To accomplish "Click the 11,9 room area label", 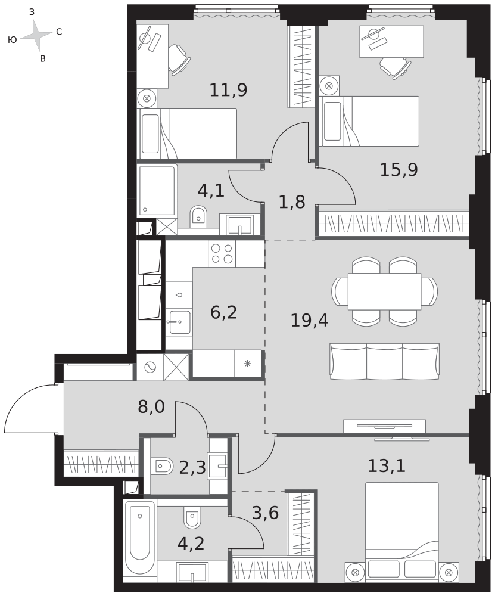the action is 228,90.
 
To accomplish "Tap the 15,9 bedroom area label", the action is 399,169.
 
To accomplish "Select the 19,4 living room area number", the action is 309,321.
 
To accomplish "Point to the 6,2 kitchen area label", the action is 224,312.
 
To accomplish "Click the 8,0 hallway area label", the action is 151,407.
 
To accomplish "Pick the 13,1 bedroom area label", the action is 387,465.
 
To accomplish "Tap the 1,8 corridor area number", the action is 292,202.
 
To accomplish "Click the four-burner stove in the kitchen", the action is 222,253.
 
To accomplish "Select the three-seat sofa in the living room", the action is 384,362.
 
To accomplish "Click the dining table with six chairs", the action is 384,291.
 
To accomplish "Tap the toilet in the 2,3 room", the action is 161,465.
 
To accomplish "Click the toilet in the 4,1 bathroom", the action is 198,216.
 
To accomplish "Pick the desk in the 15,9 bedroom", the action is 391,42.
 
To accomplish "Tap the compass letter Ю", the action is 12,39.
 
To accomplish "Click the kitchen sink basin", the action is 179,322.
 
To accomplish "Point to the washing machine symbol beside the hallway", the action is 150,367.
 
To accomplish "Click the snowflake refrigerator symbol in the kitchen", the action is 248,364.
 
